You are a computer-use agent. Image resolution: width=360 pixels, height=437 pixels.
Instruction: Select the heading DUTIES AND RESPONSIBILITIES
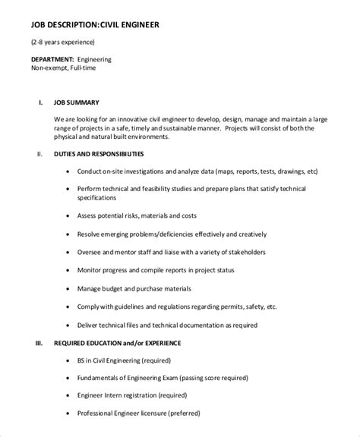(x=110, y=154)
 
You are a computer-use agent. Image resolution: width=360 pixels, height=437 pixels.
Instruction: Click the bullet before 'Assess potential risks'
(x=70, y=215)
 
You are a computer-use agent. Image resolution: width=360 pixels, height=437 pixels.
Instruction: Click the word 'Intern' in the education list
(x=121, y=397)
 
